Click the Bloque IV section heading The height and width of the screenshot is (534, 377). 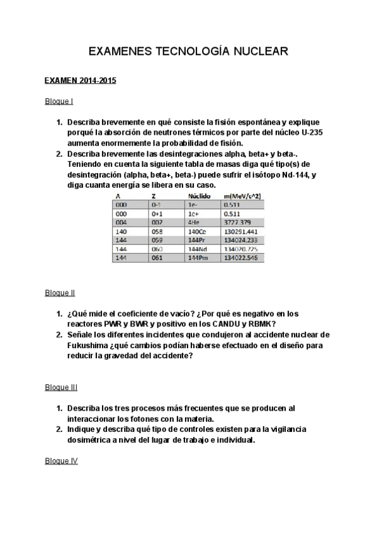coord(61,462)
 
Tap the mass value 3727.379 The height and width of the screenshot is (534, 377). coord(237,222)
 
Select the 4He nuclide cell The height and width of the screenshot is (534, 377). coord(194,222)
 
